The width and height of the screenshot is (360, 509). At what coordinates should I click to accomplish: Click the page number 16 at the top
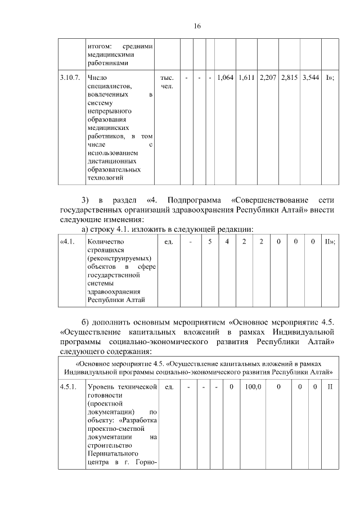(197, 26)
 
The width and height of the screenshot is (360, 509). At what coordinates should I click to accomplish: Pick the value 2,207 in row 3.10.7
(268, 76)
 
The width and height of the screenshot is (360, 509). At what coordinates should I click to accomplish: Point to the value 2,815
(289, 76)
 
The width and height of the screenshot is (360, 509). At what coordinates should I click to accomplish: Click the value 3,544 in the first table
(310, 76)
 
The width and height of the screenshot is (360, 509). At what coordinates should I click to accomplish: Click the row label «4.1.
(67, 241)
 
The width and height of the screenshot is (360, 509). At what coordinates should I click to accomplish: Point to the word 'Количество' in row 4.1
(105, 241)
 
